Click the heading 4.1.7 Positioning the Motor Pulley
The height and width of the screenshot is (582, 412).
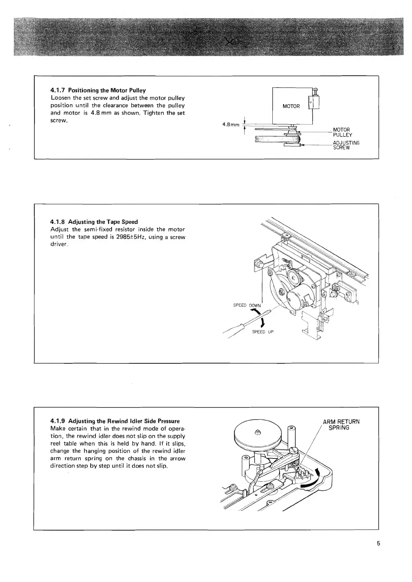[x=98, y=90]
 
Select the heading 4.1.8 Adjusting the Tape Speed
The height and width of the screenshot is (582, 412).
[x=94, y=222]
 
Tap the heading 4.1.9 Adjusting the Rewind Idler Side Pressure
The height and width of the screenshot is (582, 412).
[x=115, y=421]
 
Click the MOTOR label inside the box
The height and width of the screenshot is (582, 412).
[x=291, y=106]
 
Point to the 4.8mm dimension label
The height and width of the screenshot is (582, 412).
[x=231, y=125]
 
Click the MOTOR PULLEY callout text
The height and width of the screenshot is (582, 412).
[x=342, y=133]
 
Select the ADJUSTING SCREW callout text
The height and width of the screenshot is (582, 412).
[x=346, y=145]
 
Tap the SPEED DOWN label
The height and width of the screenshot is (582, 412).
[x=247, y=305]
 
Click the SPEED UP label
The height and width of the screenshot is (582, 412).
[x=263, y=332]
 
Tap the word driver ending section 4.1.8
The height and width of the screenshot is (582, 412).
[x=59, y=245]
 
